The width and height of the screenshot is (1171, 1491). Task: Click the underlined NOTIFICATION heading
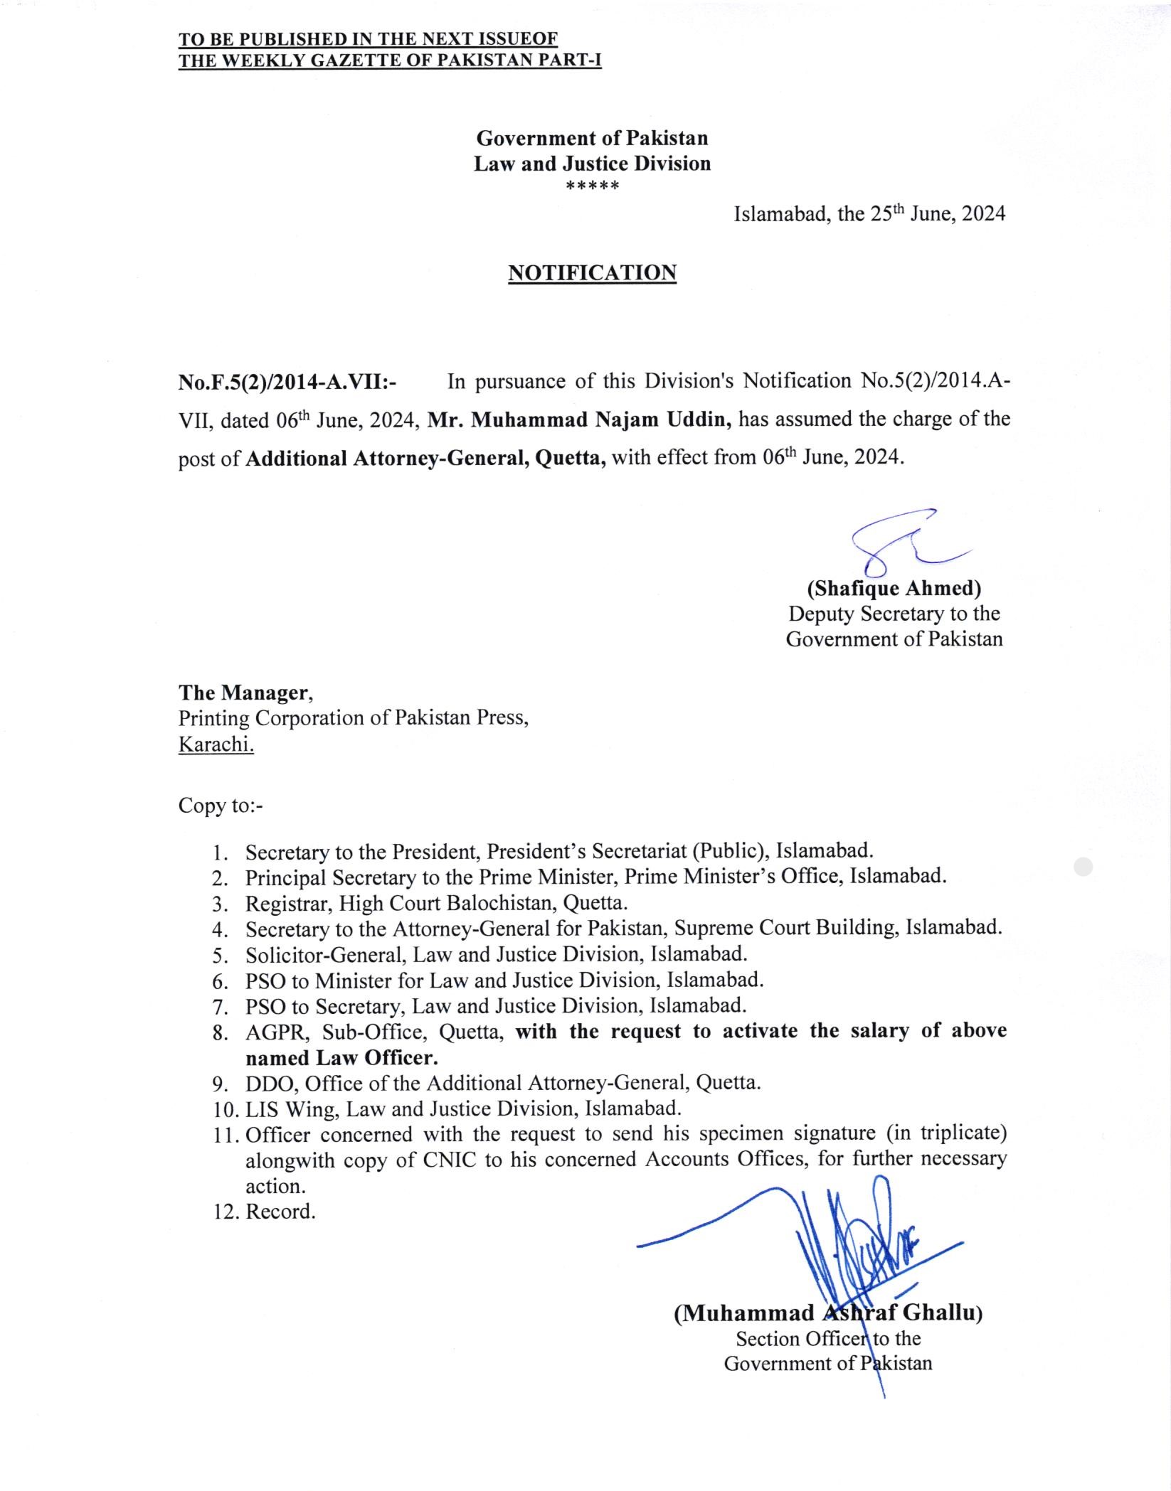pos(592,273)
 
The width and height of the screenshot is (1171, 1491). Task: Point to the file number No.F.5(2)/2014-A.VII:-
pos(287,383)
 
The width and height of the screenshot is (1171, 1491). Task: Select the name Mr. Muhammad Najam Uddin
pos(580,419)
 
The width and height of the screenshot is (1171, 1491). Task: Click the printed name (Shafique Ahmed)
pos(894,589)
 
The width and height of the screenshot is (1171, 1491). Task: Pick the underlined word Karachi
pos(216,744)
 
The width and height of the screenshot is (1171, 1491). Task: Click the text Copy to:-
pos(221,806)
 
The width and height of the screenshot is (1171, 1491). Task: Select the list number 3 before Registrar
pos(219,904)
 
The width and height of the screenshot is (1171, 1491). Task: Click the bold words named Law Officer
pos(341,1058)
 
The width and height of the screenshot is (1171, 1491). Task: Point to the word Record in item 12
pos(280,1211)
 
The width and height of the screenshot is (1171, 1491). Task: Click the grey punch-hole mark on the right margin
pos(1082,867)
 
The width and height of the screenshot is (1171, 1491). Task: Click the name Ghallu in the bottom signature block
pos(943,1313)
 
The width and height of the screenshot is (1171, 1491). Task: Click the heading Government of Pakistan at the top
pos(592,137)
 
